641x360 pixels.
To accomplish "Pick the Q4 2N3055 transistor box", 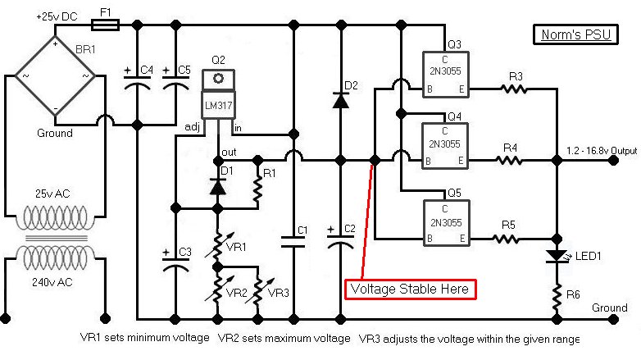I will coord(443,148).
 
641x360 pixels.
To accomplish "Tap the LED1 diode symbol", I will coord(556,257).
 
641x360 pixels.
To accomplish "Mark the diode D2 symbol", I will coord(339,99).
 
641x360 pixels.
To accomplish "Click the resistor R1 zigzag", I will coord(257,189).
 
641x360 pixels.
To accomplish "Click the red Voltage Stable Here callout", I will coord(411,289).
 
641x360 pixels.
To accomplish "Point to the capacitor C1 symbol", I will coord(293,242).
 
